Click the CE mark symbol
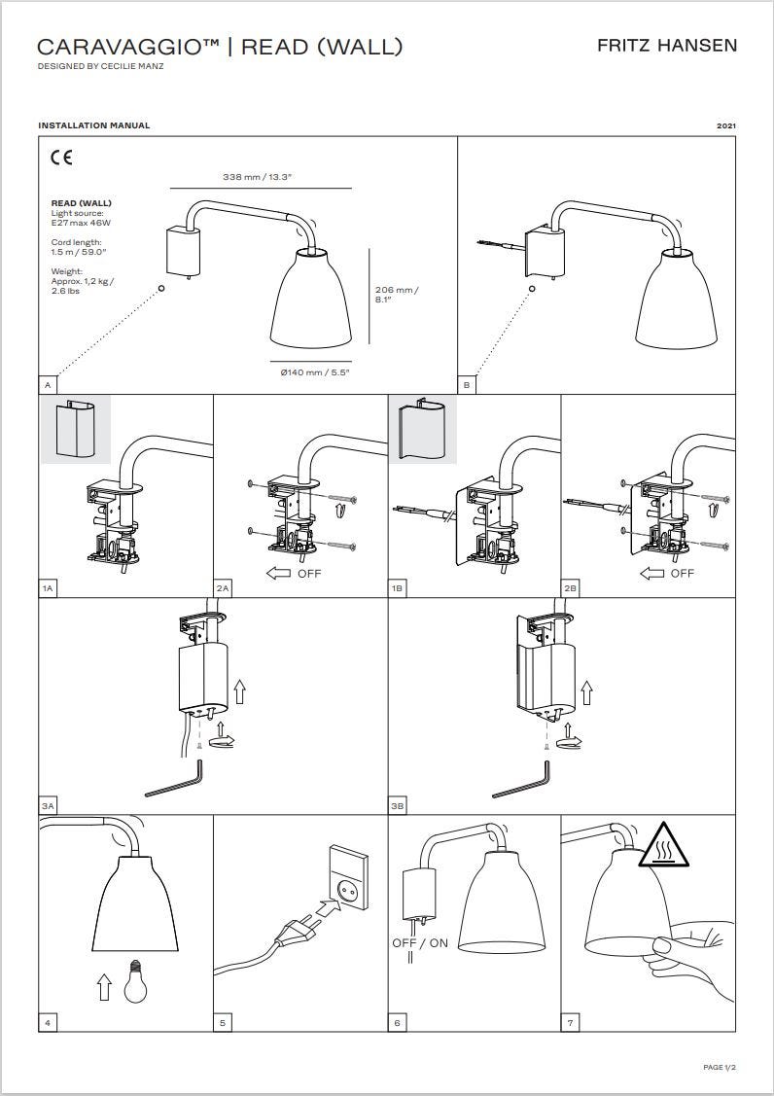pyautogui.click(x=61, y=158)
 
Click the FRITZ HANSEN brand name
pyautogui.click(x=666, y=46)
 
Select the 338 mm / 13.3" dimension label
pyautogui.click(x=257, y=177)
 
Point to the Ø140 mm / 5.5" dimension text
pyautogui.click(x=315, y=372)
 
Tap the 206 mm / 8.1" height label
pyautogui.click(x=397, y=295)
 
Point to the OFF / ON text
pyautogui.click(x=419, y=943)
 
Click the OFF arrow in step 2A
pyautogui.click(x=278, y=574)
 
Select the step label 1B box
pyautogui.click(x=397, y=588)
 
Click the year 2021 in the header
pyautogui.click(x=726, y=125)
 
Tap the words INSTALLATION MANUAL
pyautogui.click(x=93, y=125)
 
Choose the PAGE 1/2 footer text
pyautogui.click(x=720, y=1068)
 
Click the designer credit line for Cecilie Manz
pyautogui.click(x=101, y=66)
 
